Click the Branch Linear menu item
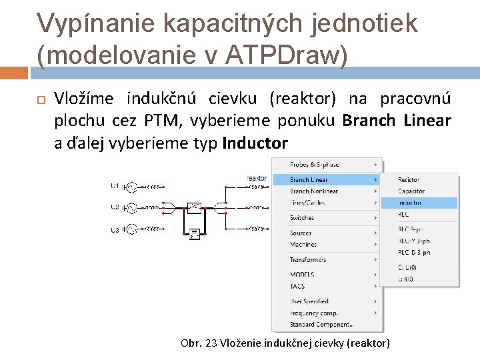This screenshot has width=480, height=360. coord(309,179)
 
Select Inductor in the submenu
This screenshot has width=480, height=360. coord(411,203)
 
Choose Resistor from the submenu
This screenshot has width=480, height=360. coord(409,180)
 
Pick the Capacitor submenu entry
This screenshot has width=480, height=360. coord(411,191)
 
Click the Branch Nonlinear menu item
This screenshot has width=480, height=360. coord(314,191)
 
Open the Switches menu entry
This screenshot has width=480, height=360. coord(302,218)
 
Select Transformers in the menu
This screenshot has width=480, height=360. coord(308,260)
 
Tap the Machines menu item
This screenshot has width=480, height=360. coord(303,245)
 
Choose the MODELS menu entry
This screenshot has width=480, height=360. coord(302,275)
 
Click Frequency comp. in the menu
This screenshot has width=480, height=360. coord(314,313)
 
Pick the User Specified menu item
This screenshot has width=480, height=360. coord(309,301)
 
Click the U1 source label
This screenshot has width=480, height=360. coord(115,186)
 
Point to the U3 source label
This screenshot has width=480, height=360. coord(115,230)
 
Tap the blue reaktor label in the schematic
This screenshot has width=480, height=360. coord(257,179)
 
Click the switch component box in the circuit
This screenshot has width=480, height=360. coord(194,207)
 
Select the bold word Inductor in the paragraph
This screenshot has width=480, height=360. coord(255,143)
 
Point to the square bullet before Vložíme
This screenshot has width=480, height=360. coord(39,100)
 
